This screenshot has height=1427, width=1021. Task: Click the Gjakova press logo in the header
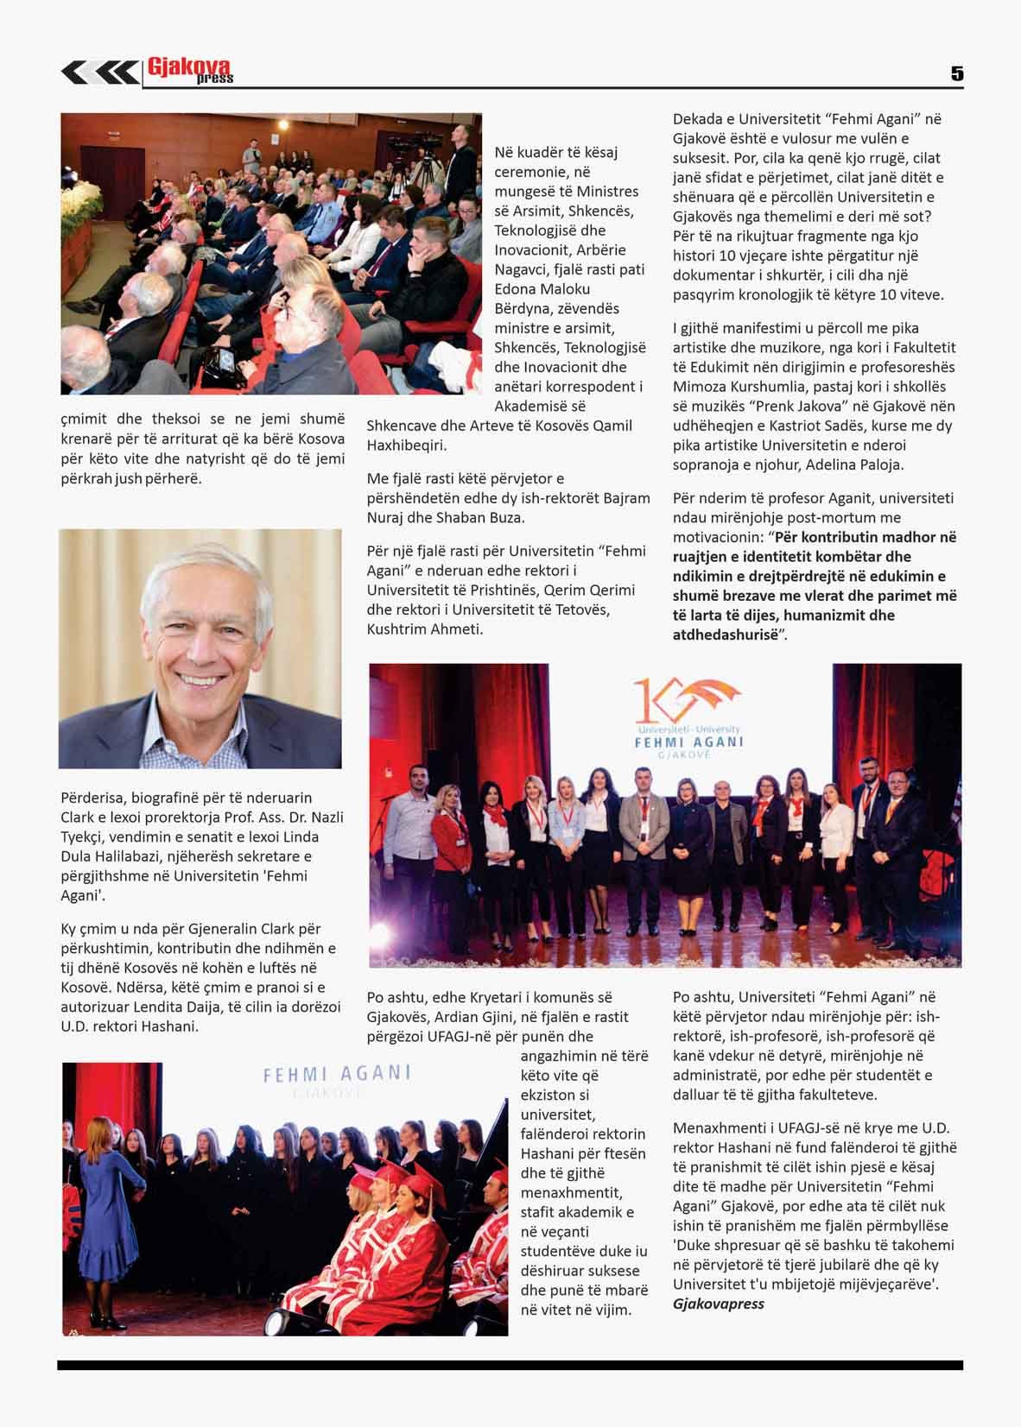(189, 71)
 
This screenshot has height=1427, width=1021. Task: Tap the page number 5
(956, 74)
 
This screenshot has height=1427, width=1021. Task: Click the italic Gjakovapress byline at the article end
(718, 1304)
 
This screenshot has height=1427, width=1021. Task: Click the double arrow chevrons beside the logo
(98, 73)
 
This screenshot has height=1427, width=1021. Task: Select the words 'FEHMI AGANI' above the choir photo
(337, 1074)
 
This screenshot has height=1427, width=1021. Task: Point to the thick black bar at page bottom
(510, 1365)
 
